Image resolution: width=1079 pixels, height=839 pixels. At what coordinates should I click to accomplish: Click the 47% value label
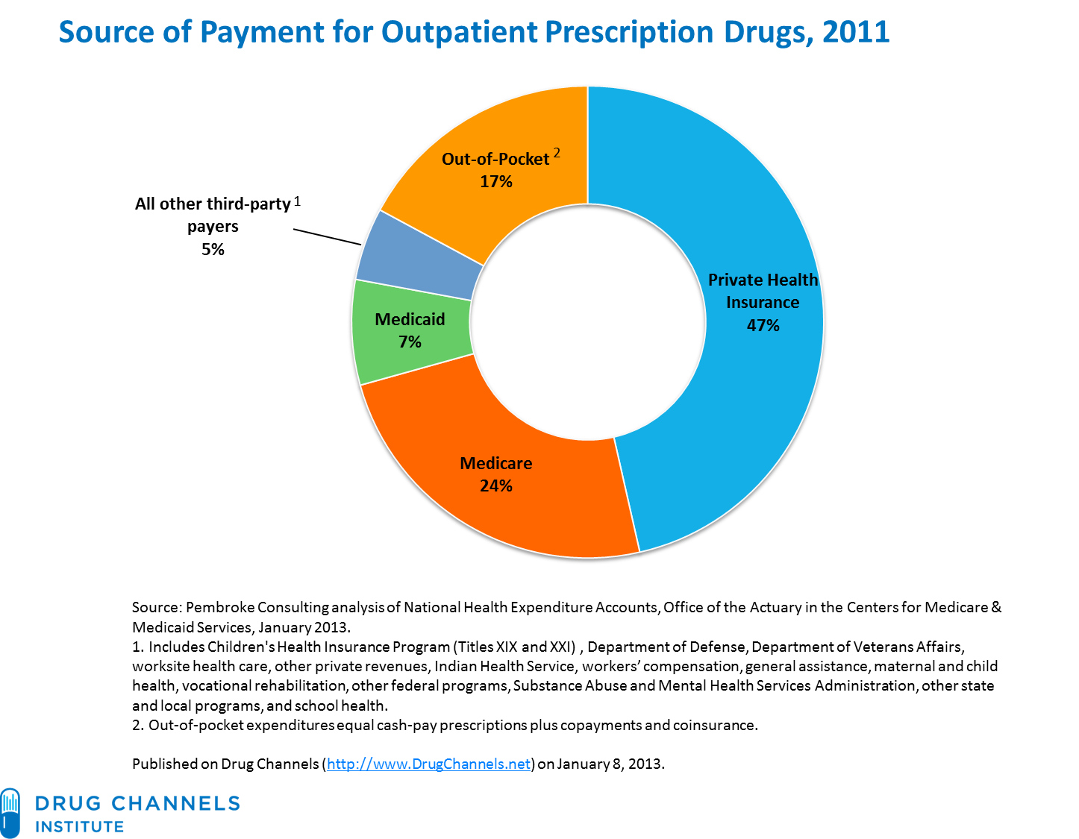763,325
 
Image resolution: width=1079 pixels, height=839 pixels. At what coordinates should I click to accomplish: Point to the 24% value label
495,486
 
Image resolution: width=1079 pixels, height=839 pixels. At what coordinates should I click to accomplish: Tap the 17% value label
495,181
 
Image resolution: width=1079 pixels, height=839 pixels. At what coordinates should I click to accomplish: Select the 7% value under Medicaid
410,342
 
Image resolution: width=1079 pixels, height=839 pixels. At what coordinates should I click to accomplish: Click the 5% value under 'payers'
213,249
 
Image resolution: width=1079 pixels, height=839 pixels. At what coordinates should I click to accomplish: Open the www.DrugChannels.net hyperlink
429,764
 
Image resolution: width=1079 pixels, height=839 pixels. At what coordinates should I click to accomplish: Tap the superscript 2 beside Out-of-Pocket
556,154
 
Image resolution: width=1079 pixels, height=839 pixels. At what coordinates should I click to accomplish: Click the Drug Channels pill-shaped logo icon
10,812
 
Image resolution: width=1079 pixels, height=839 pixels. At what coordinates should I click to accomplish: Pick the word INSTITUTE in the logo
80,826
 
